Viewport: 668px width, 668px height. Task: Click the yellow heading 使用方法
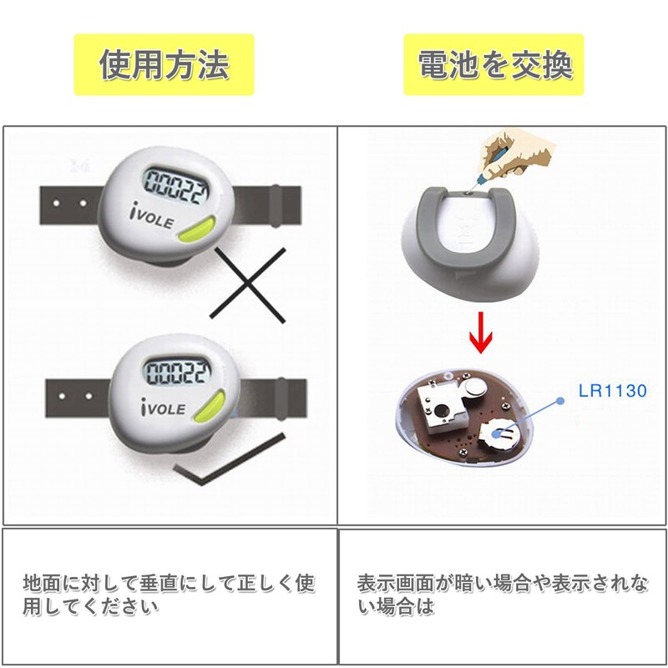[164, 65]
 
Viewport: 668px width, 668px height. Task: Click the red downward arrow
[482, 332]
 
